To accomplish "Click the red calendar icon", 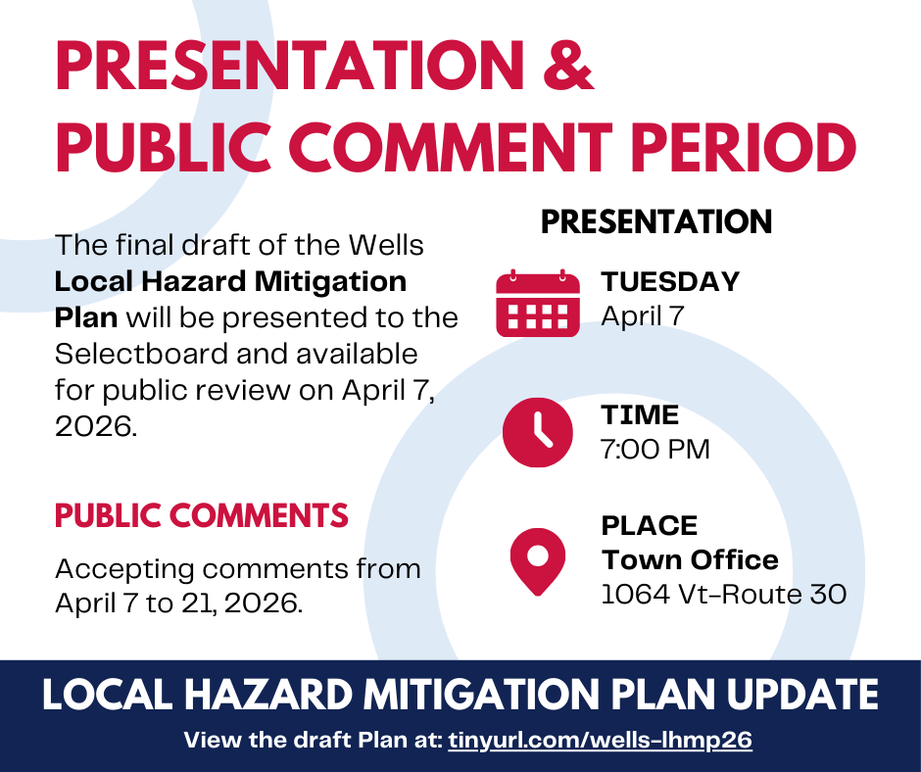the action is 538,303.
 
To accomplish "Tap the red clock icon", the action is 538,432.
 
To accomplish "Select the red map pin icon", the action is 538,561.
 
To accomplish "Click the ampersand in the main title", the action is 568,65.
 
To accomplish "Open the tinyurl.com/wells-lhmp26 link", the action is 600,740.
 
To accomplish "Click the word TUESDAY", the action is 670,281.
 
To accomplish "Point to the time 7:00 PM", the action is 654,450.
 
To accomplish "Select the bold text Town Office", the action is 690,560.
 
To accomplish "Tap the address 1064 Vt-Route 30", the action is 724,594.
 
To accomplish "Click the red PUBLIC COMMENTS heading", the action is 202,516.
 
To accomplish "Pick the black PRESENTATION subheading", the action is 656,222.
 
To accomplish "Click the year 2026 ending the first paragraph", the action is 96,426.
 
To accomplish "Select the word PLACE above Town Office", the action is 649,526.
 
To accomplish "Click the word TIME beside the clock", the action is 640,415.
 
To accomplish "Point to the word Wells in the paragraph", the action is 385,245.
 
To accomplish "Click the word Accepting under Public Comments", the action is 124,570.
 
